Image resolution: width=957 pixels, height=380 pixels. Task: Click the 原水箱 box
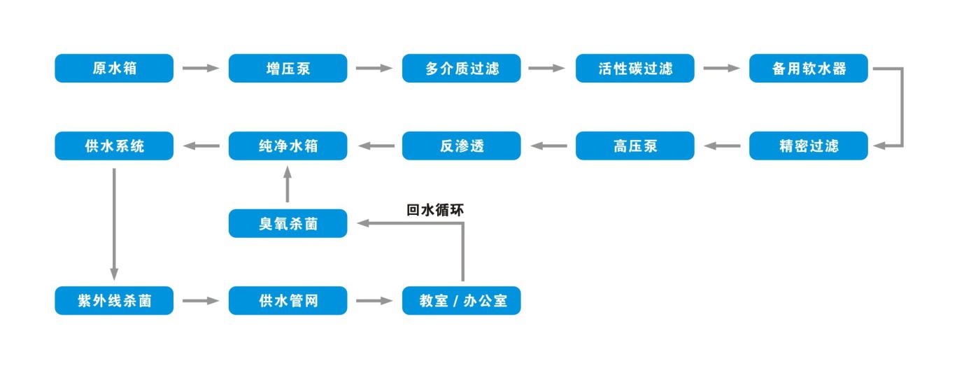point(114,68)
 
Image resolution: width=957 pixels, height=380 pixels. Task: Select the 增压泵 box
point(288,68)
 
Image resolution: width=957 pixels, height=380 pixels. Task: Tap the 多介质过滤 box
point(462,68)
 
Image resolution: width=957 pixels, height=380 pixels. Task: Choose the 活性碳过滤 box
point(635,68)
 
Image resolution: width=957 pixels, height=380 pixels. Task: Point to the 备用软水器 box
point(809,68)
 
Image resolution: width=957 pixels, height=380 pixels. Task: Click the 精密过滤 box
point(809,146)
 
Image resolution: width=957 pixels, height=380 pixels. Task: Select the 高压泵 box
point(635,146)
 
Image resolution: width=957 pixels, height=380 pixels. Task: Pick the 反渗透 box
point(462,146)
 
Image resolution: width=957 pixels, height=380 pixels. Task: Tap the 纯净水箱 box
point(288,146)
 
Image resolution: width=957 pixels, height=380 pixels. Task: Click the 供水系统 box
point(114,146)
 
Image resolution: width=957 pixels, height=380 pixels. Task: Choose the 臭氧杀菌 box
point(288,223)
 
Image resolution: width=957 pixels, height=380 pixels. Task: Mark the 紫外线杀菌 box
point(114,300)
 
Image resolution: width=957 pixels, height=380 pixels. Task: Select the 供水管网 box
point(288,300)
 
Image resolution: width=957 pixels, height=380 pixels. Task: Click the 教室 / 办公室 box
point(462,300)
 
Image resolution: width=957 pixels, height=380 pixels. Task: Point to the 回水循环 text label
point(435,210)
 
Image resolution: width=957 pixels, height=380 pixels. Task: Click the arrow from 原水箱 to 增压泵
point(201,68)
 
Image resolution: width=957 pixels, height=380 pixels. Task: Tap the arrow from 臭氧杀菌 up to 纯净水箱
point(288,184)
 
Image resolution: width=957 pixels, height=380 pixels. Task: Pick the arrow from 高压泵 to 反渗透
point(548,146)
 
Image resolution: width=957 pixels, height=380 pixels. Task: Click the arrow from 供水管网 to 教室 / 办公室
point(374,300)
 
